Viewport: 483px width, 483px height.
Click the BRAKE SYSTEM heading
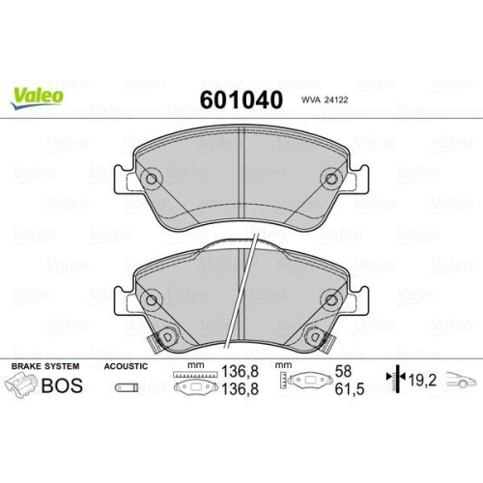[x=45, y=367]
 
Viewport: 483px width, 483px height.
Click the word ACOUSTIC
[x=126, y=367]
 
